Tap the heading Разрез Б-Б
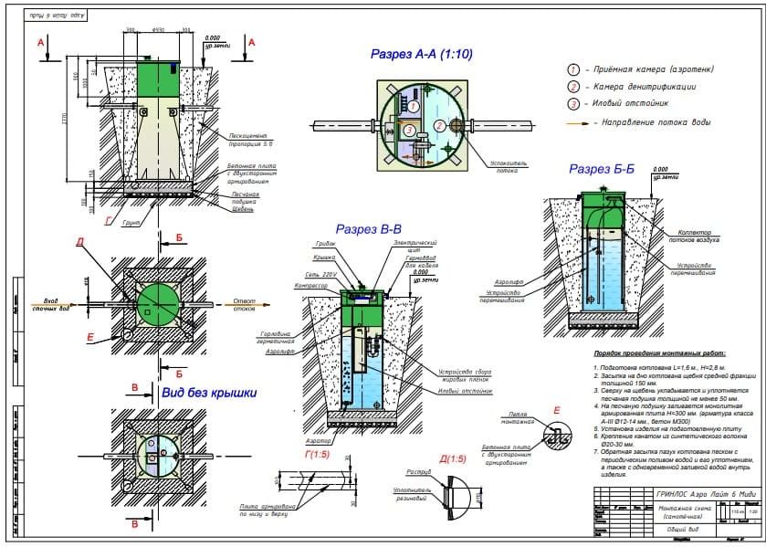tap(601, 169)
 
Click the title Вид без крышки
tap(208, 394)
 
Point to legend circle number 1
tap(574, 70)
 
